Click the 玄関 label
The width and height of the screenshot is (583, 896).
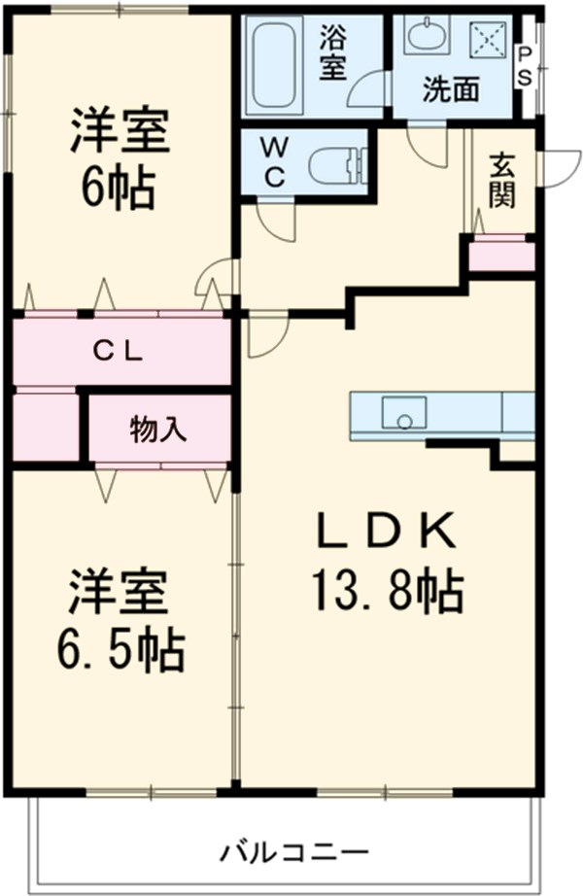pos(501,180)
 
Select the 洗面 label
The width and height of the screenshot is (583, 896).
pos(450,90)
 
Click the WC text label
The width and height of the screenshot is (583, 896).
pos(274,162)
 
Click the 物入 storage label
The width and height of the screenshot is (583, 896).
pos(157,429)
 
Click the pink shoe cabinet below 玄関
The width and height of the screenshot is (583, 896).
pos(501,257)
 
